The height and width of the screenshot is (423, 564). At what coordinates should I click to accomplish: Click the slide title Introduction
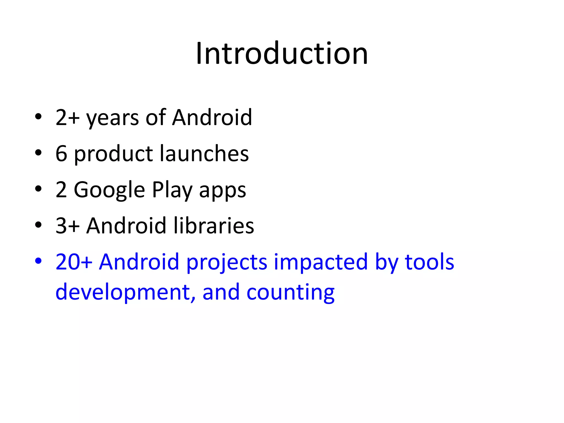pos(282,53)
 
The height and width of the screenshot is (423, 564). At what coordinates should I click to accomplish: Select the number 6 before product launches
pos(61,154)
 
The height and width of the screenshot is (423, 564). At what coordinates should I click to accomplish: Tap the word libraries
pos(214,226)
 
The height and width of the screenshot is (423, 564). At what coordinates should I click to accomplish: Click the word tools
pos(429,262)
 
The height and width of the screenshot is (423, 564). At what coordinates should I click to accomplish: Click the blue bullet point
pos(38,261)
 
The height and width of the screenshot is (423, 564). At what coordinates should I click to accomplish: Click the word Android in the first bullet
pos(212,118)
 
